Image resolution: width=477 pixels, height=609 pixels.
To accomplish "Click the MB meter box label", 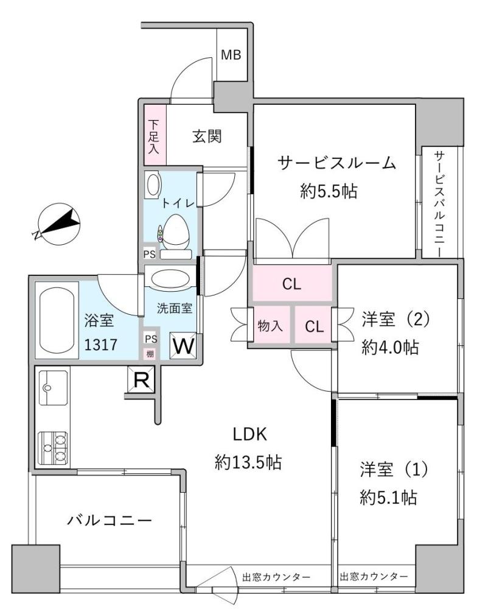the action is click(231, 55).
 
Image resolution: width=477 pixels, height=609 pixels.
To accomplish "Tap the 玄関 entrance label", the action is click(207, 136).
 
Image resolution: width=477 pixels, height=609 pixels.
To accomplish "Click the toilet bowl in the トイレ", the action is click(175, 232).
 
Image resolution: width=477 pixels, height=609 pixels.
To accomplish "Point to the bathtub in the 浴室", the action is click(57, 320).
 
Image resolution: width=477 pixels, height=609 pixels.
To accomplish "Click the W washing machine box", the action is click(183, 345).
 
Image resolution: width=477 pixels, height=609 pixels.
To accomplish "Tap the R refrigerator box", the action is click(141, 380).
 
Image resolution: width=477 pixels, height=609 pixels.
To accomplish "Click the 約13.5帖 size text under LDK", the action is click(248, 462).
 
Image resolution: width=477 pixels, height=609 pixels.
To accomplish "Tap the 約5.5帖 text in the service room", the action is click(329, 191).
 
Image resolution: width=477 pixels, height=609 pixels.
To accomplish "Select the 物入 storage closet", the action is click(271, 325).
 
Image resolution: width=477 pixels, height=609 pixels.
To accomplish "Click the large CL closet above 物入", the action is click(292, 283).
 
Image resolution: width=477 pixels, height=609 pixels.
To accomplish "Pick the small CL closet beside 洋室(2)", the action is click(313, 325).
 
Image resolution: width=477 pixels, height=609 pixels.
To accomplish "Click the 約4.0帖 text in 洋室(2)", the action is click(390, 347).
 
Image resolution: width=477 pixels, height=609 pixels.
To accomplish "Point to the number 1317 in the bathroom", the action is click(100, 345).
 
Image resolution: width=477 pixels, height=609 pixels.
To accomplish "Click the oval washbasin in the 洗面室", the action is click(170, 279).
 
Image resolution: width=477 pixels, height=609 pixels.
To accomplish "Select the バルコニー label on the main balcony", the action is click(110, 519).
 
